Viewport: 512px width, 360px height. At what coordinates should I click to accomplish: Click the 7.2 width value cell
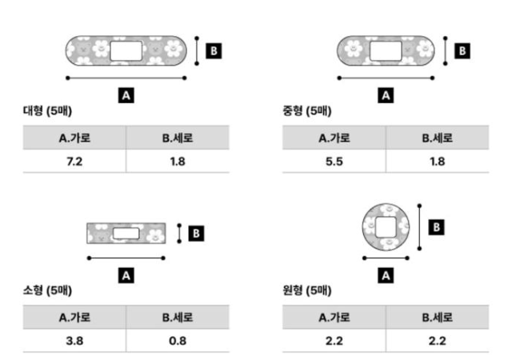click(74, 162)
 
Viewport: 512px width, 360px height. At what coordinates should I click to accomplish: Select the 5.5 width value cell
click(334, 162)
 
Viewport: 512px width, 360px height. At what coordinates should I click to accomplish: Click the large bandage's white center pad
click(125, 52)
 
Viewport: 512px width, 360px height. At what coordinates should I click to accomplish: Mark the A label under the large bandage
click(126, 95)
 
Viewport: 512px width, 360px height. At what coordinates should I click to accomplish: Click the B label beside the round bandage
click(437, 227)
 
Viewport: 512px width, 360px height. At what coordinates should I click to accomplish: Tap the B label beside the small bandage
click(197, 233)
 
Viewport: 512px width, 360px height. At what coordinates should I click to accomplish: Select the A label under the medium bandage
click(386, 95)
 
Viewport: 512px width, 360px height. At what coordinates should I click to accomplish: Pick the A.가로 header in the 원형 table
click(334, 318)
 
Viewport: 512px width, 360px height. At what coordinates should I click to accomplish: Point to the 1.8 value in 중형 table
click(438, 162)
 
